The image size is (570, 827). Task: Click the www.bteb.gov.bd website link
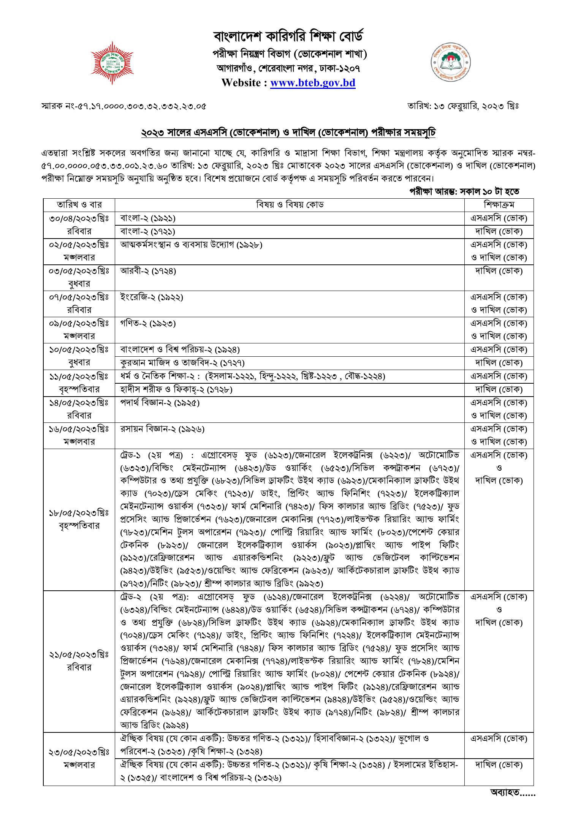(x=312, y=83)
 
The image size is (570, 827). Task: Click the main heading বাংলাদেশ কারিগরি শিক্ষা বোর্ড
(x=289, y=37)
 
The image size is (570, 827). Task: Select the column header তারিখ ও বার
(x=79, y=205)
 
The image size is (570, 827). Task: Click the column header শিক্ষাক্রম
(x=499, y=205)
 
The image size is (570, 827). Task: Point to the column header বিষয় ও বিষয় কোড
(x=290, y=205)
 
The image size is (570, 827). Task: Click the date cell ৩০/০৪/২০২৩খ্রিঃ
(x=79, y=218)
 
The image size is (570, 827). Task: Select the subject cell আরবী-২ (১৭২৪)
(x=148, y=271)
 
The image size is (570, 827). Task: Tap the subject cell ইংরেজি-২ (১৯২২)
(x=152, y=297)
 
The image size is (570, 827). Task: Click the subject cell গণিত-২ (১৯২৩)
(x=148, y=324)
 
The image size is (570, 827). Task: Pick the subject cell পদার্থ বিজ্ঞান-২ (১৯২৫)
(x=160, y=403)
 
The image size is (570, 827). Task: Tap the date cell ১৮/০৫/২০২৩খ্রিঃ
(x=79, y=513)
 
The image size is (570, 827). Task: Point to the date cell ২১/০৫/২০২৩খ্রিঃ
(x=79, y=654)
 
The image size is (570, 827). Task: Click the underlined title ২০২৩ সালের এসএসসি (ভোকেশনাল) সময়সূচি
(x=288, y=133)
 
